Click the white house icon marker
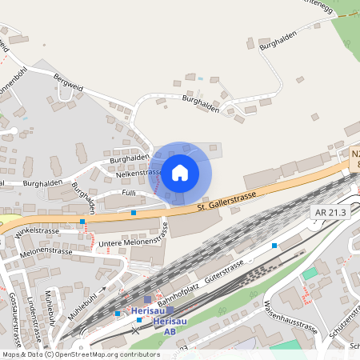tap(180, 172)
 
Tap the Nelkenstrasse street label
tap(138, 173)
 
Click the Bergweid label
tap(68, 82)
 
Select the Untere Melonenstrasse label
tap(129, 237)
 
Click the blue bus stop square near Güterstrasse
tap(274, 246)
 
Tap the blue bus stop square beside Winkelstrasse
tap(82, 220)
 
